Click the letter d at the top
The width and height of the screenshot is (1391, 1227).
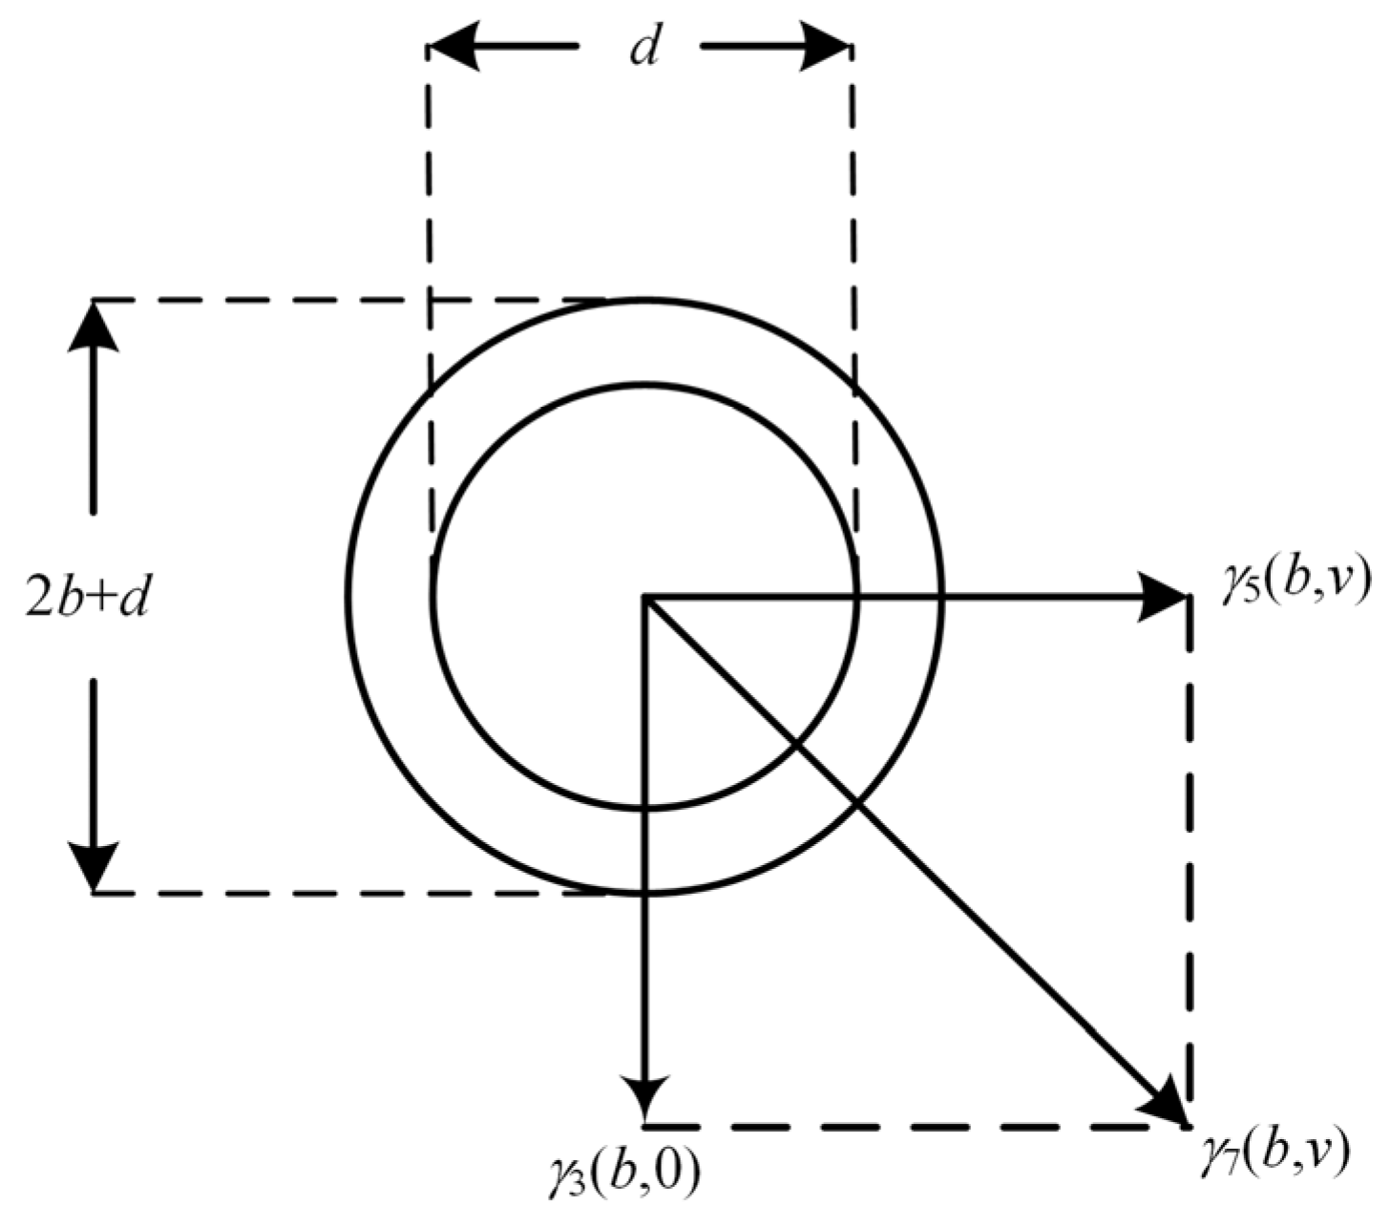coord(644,49)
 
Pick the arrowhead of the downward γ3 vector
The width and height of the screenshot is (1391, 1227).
coord(645,1099)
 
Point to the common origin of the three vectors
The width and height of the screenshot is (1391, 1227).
coord(645,598)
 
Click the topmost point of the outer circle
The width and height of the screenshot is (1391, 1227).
coord(645,301)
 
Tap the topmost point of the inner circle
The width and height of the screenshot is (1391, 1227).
coord(645,385)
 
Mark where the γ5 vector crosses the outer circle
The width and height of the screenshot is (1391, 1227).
coord(942,598)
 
